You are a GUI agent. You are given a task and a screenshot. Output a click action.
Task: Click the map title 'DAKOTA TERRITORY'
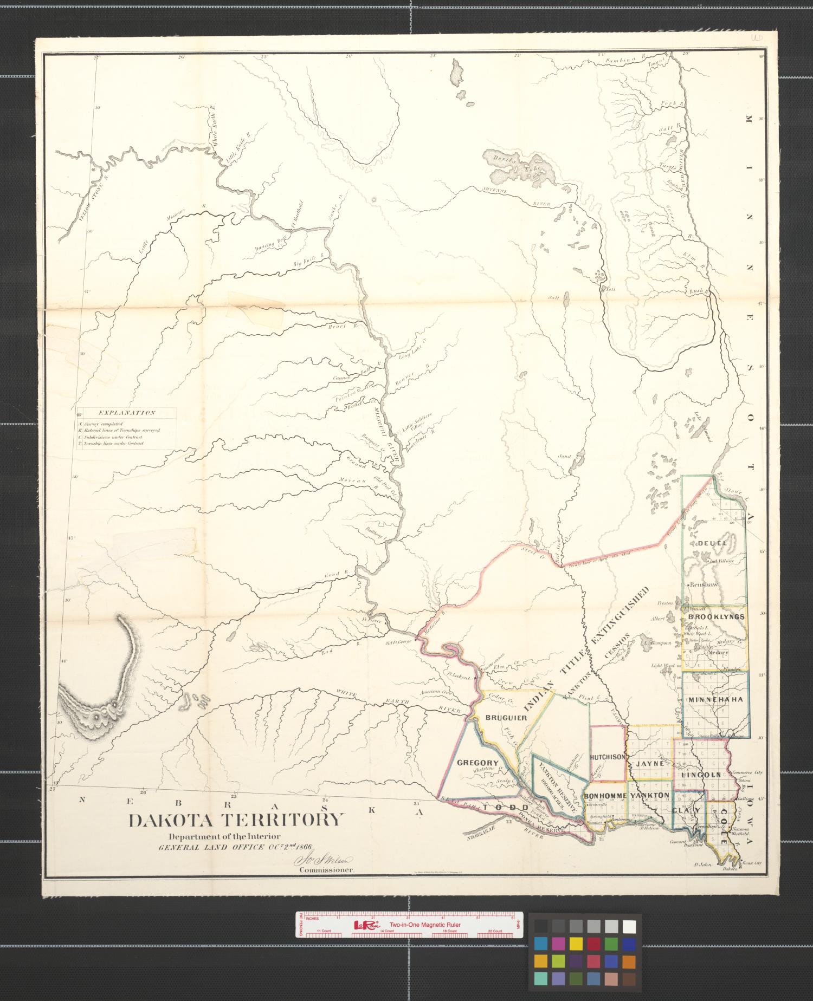point(236,820)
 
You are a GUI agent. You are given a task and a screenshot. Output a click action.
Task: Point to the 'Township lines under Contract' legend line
point(113,444)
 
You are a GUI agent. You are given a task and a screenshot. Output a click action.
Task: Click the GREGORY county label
point(478,763)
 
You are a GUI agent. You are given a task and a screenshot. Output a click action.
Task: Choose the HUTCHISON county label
point(608,757)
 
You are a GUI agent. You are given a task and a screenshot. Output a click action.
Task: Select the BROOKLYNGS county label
point(715,617)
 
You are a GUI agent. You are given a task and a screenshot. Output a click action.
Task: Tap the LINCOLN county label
point(701,775)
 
